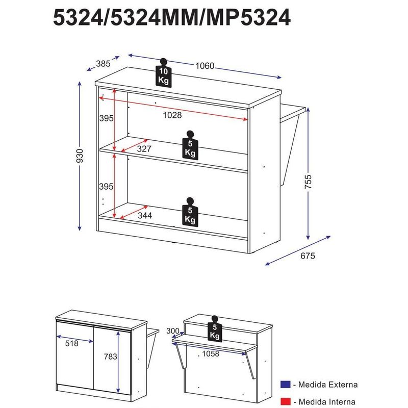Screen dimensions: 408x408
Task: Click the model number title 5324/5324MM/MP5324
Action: (x=172, y=18)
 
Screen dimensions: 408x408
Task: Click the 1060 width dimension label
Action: (x=204, y=66)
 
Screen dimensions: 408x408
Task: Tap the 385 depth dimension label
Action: (x=103, y=64)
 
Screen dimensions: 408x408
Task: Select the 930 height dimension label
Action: (x=79, y=158)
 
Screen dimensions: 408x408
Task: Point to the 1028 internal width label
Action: (x=172, y=115)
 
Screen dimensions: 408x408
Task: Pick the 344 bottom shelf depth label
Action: (x=144, y=216)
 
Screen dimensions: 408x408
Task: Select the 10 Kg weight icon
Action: (x=163, y=74)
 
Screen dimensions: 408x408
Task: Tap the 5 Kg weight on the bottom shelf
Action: (x=190, y=213)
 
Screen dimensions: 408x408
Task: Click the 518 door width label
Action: (x=72, y=344)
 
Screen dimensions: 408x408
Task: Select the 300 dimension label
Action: (x=173, y=331)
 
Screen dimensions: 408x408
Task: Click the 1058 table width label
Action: (x=211, y=354)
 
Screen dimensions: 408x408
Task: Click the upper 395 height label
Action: (x=106, y=118)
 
